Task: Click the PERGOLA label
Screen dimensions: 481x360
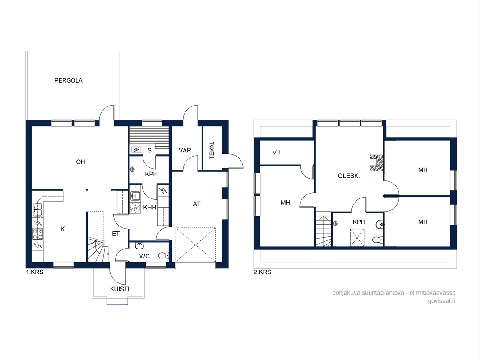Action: point(69,81)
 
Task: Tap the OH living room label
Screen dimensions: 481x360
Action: point(80,162)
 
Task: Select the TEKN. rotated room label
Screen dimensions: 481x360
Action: point(212,150)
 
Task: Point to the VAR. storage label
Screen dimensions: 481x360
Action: point(185,151)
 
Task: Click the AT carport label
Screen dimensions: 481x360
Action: point(197,204)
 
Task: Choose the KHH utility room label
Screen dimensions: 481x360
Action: point(150,208)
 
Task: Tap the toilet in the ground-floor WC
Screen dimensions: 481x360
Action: point(163,255)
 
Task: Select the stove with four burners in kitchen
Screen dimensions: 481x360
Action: point(38,234)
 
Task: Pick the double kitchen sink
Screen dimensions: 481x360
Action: point(38,209)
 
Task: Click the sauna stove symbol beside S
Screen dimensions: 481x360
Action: point(136,150)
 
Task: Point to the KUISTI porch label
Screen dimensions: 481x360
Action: point(120,289)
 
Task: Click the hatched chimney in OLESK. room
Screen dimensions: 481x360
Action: point(376,163)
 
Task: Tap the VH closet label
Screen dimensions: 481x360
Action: point(277,152)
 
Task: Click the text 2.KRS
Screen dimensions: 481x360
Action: point(262,272)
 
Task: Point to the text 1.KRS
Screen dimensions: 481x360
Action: point(35,272)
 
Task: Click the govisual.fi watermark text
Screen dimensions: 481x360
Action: point(441,301)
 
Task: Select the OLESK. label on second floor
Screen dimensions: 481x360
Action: point(349,176)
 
